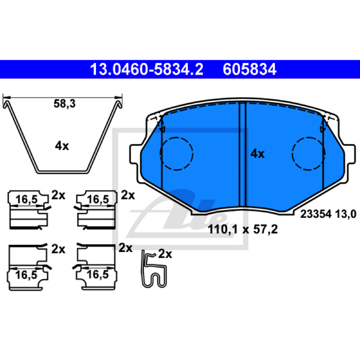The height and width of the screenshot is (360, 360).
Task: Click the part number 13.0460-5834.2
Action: (147, 69)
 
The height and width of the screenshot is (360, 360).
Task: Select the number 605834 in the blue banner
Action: (250, 69)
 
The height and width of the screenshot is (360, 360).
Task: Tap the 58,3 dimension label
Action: (64, 104)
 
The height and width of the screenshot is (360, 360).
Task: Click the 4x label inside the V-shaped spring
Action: (62, 146)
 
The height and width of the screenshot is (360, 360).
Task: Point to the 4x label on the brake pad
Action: (257, 153)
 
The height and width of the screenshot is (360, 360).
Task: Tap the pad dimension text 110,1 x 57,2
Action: (243, 229)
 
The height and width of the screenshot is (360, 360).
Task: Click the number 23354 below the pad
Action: (316, 214)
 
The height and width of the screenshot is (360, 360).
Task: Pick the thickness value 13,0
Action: (346, 214)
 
